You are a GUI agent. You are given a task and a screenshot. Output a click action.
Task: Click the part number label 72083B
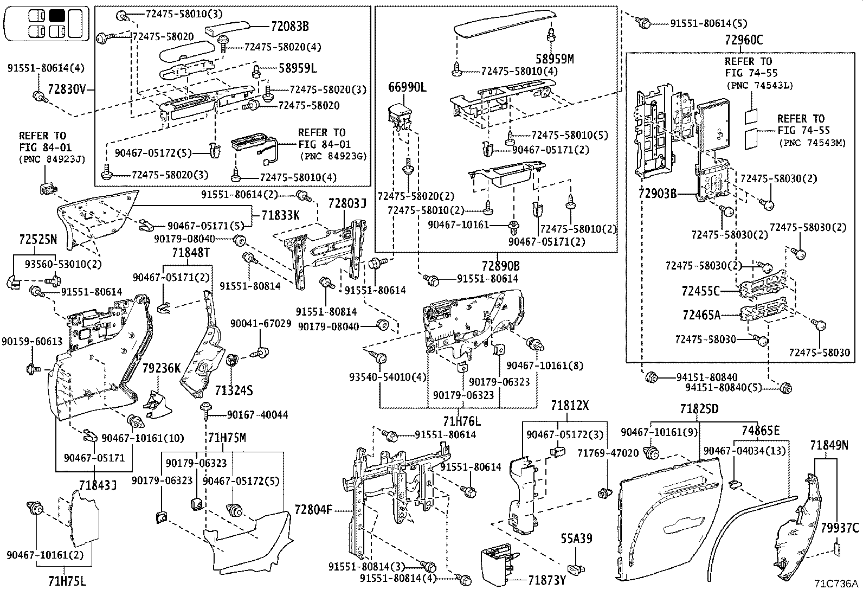(289, 26)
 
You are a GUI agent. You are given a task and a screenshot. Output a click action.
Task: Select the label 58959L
(298, 68)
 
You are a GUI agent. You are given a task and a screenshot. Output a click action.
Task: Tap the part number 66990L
(407, 87)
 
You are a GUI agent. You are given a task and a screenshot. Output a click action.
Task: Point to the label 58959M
(555, 59)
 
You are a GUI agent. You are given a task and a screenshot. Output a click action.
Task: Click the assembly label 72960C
(743, 40)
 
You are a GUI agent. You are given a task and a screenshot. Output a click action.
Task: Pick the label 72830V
(67, 89)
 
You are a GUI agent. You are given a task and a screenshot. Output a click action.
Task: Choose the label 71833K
(280, 215)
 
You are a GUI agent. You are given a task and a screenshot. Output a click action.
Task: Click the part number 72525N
(38, 239)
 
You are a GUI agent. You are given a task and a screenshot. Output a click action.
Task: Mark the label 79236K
(161, 368)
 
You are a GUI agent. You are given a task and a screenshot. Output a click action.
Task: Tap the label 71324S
(234, 390)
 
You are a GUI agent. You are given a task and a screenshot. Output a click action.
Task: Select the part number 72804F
(313, 510)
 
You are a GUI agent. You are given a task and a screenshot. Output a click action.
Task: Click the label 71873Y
(547, 580)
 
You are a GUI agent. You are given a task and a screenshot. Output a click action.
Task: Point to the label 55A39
(576, 539)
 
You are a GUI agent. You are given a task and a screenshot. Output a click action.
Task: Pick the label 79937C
(840, 527)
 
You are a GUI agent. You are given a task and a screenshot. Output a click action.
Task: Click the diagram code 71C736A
(836, 584)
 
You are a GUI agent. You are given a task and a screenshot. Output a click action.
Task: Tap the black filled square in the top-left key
(56, 15)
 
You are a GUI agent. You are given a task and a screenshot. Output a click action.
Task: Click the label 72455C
(700, 291)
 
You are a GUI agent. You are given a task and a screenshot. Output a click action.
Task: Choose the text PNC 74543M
(812, 143)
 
